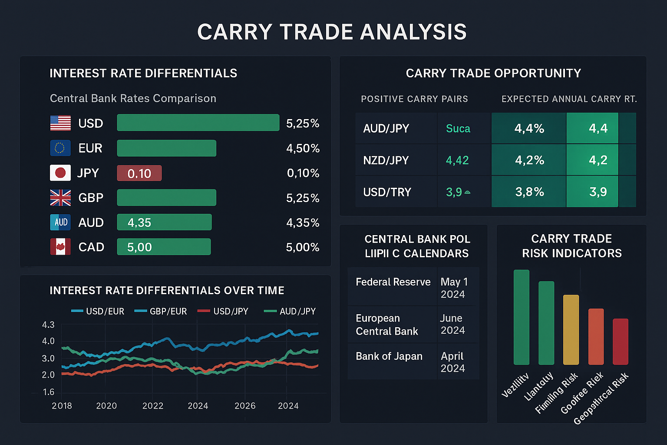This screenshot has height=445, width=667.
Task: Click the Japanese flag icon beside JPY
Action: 60,173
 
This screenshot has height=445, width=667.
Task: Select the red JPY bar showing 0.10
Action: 139,173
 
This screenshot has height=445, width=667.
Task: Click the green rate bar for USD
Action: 198,123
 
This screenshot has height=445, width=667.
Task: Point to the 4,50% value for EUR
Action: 303,148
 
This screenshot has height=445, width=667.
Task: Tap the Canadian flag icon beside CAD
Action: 60,247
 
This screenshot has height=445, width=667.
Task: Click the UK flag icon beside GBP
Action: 60,198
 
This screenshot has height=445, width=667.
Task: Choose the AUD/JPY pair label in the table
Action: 386,129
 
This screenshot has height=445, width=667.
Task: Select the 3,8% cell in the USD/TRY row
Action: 529,192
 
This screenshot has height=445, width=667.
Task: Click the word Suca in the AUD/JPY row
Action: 458,129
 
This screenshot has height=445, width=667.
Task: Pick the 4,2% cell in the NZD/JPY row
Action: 529,160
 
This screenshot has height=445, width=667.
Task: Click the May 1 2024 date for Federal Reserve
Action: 454,288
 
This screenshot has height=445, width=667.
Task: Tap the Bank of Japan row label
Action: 389,356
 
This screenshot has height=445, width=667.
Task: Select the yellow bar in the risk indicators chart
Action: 571,329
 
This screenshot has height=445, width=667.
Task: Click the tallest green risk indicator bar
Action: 522,317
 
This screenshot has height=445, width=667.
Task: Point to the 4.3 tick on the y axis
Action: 48,325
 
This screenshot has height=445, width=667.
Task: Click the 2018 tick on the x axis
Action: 62,405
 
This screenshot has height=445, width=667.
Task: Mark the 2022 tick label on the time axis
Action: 153,405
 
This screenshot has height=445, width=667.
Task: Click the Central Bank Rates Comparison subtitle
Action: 133,98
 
